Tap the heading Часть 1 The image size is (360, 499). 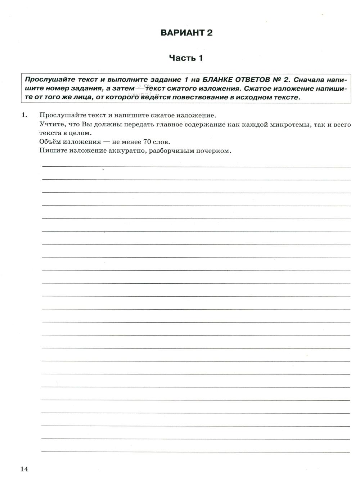coord(186,58)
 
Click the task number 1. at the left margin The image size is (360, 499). coord(24,115)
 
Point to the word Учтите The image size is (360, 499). coord(49,125)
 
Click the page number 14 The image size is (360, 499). coord(24,469)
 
